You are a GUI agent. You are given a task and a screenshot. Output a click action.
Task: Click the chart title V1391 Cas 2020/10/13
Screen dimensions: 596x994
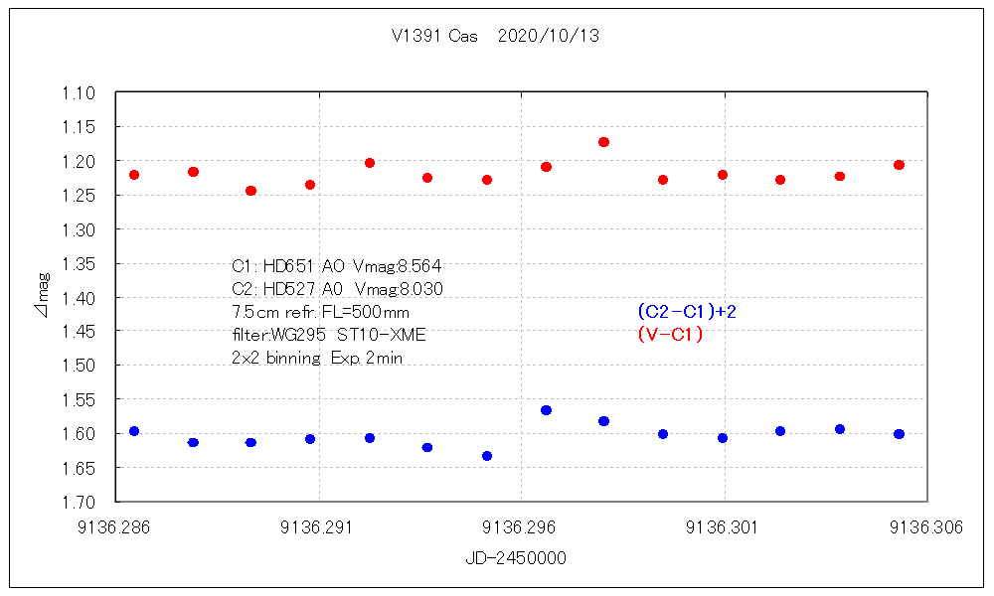495,37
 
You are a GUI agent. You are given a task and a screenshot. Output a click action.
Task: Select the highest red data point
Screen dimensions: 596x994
603,142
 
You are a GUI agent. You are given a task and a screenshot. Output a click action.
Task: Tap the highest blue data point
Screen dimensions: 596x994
546,410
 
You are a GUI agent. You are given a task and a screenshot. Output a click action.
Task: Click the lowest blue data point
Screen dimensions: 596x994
487,456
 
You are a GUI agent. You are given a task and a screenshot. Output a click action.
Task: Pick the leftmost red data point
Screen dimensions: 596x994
134,175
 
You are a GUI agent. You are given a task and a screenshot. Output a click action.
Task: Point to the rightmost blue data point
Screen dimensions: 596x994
899,434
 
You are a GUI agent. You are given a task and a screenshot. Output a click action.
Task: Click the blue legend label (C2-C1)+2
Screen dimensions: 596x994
687,312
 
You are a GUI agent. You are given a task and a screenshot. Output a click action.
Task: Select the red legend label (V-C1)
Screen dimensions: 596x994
670,335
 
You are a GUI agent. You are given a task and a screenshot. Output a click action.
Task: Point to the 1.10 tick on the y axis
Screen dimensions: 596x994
80,93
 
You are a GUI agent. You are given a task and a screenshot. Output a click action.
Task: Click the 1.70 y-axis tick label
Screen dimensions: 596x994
80,502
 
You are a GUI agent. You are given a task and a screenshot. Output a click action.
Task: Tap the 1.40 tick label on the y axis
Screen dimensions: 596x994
80,297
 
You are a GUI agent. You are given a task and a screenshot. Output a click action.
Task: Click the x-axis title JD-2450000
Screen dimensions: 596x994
516,558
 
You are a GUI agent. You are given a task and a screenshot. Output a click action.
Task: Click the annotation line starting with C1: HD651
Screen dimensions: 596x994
336,266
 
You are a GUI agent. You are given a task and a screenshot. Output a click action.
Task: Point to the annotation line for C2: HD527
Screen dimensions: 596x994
336,289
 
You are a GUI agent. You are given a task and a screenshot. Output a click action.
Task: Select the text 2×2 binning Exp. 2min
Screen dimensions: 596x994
316,359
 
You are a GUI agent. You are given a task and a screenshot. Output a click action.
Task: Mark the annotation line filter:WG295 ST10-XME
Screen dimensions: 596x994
328,336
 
